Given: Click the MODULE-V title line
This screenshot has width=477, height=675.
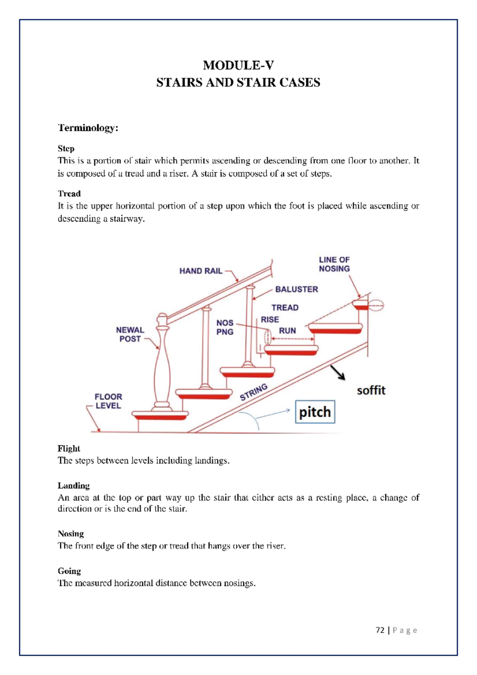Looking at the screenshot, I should click(x=238, y=65).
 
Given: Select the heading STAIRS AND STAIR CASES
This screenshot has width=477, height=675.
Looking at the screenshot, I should click(x=238, y=83).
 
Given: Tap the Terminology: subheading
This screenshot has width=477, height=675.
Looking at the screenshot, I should click(x=88, y=128).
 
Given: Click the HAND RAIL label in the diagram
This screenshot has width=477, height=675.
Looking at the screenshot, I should click(x=201, y=271).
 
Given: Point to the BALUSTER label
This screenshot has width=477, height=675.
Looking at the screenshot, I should click(x=297, y=289).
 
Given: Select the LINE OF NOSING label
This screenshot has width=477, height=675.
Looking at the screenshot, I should click(x=334, y=264).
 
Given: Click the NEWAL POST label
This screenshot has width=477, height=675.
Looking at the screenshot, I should click(x=130, y=334).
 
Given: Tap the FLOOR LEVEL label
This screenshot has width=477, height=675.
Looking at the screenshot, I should click(x=108, y=401).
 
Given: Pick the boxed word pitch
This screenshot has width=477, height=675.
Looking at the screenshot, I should click(x=315, y=412).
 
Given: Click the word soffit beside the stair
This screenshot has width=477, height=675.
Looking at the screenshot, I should click(x=371, y=390).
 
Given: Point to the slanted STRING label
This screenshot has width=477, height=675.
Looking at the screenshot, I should click(x=254, y=392).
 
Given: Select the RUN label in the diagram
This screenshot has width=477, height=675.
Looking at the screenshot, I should click(x=287, y=331).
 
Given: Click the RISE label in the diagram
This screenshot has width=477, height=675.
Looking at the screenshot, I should click(x=270, y=320).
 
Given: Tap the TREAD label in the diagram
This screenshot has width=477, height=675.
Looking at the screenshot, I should click(x=285, y=308).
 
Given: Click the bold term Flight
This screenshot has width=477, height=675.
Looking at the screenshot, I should click(x=69, y=448).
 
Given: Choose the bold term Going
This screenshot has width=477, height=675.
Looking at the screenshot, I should click(x=69, y=571).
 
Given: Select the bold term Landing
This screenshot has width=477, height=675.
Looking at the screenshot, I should click(x=74, y=486).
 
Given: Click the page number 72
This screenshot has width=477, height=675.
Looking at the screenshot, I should click(x=380, y=630).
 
